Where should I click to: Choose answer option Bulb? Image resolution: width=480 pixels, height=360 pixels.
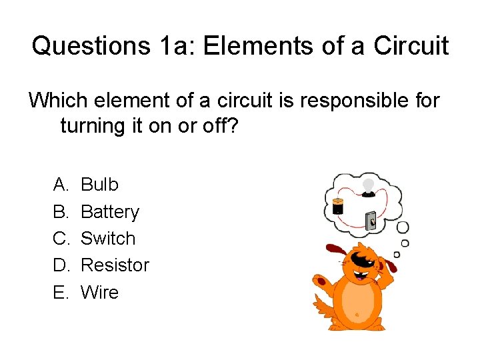[x=99, y=185]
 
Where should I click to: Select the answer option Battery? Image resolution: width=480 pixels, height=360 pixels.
[x=110, y=212]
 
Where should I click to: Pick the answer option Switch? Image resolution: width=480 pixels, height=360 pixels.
[x=108, y=239]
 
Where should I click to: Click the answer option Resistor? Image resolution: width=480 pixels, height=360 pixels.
[x=115, y=265]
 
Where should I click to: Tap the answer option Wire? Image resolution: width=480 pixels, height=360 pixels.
[x=99, y=292]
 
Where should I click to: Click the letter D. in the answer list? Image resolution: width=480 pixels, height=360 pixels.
[x=62, y=265]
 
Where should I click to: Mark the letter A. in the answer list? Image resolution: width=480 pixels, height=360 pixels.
[x=62, y=185]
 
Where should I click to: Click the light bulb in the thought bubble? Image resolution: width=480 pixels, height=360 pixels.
[x=367, y=187]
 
